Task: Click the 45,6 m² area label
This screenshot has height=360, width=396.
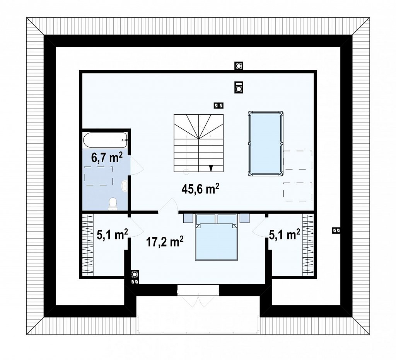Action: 200,189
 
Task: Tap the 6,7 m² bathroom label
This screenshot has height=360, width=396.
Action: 107,158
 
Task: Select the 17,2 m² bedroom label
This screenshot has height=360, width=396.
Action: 165,242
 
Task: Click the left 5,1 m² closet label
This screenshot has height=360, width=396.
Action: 112,234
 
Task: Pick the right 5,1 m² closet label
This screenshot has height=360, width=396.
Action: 285,234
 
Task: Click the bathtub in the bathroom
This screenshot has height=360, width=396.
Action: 105,140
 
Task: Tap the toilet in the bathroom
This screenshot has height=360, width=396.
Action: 113,204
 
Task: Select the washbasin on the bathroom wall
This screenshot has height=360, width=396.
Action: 125,186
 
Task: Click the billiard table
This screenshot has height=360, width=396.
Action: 265,144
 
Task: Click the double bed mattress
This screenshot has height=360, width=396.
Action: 216,242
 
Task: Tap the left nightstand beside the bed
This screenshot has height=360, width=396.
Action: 188,218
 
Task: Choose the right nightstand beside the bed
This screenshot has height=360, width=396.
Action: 245,218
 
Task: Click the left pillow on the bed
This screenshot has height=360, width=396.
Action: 206,219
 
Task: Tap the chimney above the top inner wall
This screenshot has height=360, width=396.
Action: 238,66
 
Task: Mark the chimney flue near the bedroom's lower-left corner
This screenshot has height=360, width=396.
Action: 135,274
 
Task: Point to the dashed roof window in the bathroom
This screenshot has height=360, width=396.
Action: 99,176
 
